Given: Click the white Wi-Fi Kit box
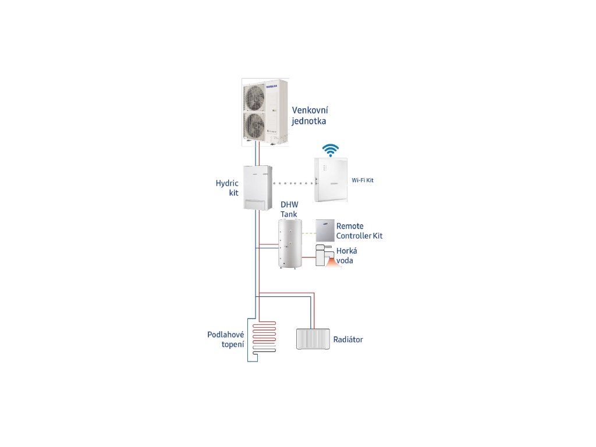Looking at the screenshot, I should pos(332,180).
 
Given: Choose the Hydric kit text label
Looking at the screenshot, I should pos(223,187).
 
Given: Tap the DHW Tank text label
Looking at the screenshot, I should pos(289,210).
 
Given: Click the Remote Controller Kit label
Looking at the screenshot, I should pos(359,231).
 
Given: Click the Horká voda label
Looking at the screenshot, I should pos(346,256).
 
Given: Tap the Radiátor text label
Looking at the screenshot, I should pos(347,339).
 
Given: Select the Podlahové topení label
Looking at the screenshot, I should pos(225,339).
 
